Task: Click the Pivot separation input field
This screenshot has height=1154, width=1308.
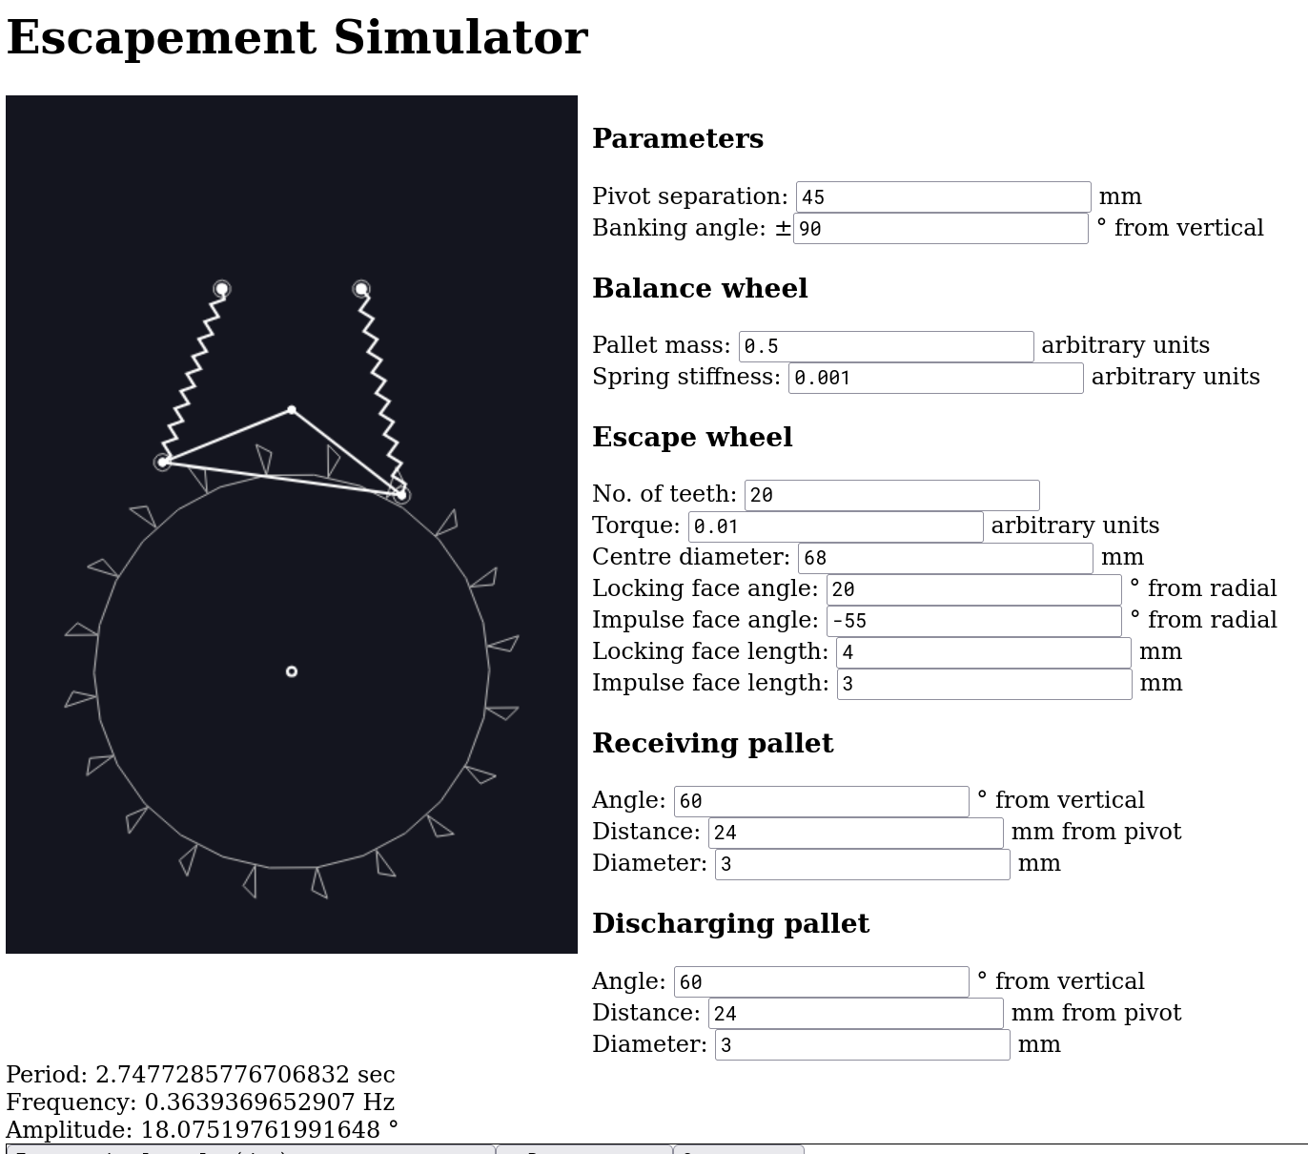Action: tap(943, 197)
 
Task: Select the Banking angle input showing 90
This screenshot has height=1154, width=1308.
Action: tap(940, 229)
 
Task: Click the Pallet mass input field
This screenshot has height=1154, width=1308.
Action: tap(886, 346)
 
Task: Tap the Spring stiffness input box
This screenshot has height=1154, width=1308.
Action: tap(935, 378)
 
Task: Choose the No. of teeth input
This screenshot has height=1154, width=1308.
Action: tap(891, 495)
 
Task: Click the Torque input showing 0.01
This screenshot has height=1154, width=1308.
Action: tap(835, 526)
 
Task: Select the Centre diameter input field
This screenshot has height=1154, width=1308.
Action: tap(945, 558)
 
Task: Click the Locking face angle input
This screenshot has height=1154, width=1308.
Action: tap(973, 589)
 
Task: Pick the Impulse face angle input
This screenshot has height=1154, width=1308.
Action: tap(973, 621)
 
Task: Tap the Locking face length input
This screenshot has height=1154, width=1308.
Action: tap(983, 652)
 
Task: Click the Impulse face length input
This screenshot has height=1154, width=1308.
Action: tap(984, 684)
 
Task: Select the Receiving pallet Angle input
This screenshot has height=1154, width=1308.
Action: tap(821, 801)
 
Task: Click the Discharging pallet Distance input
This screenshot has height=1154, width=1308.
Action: tap(855, 1014)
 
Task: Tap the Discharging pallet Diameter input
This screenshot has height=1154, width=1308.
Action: tap(862, 1045)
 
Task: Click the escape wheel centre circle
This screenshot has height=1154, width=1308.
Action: tap(292, 671)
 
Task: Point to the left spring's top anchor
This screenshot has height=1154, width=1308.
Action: tap(221, 288)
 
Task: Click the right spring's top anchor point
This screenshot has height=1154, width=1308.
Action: tap(361, 288)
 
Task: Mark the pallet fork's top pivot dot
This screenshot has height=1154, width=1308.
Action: tap(292, 410)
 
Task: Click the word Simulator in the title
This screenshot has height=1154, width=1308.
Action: tap(460, 38)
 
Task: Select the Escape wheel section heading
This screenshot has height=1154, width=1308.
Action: tap(692, 438)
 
